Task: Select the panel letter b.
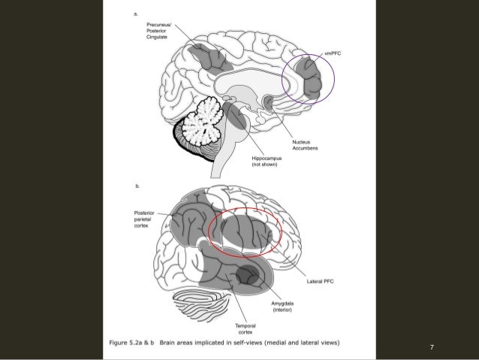(136, 183)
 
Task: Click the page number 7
(432, 347)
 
